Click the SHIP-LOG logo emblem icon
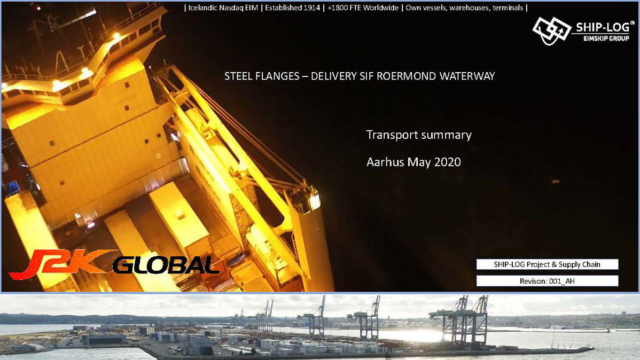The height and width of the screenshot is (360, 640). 551,30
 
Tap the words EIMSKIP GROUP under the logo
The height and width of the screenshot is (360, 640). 606,38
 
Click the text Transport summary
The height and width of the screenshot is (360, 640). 419,135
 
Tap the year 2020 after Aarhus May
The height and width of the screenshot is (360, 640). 447,162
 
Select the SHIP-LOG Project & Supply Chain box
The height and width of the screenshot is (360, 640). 547,264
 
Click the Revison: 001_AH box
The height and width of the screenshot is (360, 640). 547,281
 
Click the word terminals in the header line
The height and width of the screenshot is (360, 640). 508,8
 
